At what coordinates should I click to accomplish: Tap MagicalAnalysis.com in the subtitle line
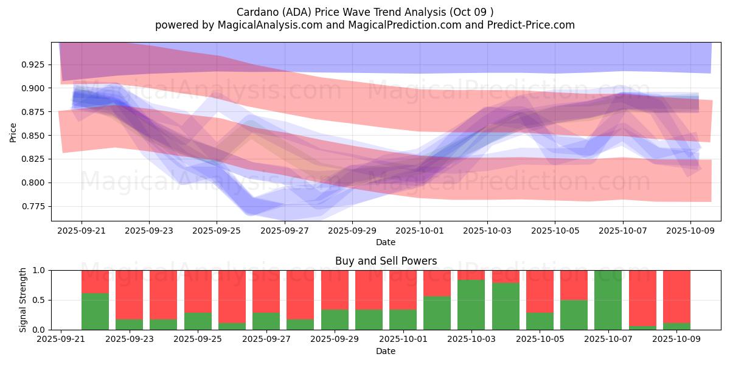pyautogui.click(x=261, y=25)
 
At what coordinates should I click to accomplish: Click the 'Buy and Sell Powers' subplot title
pyautogui.click(x=386, y=261)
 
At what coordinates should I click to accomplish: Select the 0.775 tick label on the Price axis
pyautogui.click(x=32, y=207)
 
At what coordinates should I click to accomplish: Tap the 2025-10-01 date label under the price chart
pyautogui.click(x=419, y=232)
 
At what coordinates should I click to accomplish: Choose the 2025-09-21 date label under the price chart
pyautogui.click(x=82, y=232)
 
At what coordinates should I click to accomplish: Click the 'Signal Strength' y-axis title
pyautogui.click(x=23, y=300)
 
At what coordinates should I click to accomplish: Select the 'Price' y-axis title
pyautogui.click(x=13, y=132)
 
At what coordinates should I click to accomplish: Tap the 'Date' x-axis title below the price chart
pyautogui.click(x=386, y=242)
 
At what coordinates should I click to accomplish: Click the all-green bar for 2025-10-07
pyautogui.click(x=608, y=300)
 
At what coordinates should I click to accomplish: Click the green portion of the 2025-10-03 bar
pyautogui.click(x=471, y=305)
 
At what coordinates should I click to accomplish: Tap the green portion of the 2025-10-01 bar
pyautogui.click(x=403, y=319)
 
